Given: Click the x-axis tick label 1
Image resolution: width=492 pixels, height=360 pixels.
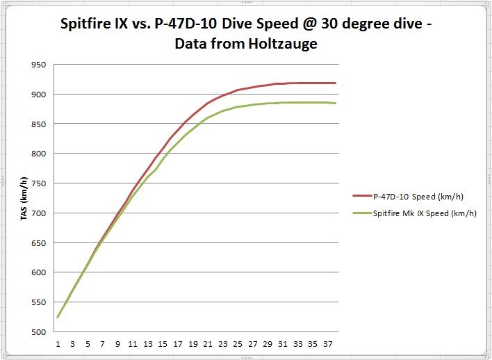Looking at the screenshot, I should (58, 343).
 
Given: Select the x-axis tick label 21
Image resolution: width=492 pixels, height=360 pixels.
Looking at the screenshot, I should (206, 343).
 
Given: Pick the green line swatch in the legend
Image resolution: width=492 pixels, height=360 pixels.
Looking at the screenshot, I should (361, 213).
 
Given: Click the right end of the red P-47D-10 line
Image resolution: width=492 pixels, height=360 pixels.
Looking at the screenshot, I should (335, 83).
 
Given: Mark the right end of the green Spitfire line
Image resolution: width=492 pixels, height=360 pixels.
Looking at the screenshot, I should (335, 103).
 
